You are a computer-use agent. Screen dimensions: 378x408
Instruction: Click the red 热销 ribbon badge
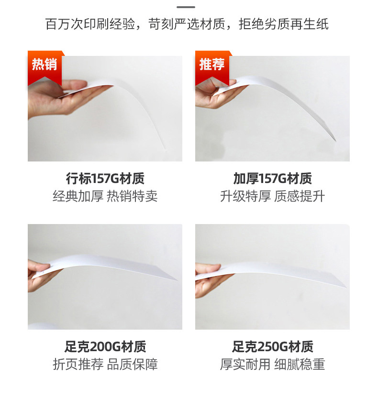(45, 67)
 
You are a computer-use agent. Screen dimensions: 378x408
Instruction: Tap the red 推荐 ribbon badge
(212, 67)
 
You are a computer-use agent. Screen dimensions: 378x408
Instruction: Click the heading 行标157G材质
(105, 179)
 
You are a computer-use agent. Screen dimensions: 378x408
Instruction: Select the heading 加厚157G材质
(272, 179)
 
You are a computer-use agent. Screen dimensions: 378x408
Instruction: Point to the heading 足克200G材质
(105, 346)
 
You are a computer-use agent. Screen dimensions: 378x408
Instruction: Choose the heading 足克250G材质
(272, 346)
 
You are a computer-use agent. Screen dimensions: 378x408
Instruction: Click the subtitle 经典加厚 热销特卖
(105, 196)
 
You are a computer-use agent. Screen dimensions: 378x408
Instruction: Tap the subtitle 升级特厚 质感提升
(272, 196)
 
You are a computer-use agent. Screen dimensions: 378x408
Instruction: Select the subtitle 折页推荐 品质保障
(105, 364)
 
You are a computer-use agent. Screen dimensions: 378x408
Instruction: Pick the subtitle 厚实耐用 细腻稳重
(272, 364)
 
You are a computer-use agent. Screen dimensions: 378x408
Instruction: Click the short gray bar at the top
(186, 7)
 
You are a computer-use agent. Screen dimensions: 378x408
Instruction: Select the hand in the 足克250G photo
(209, 279)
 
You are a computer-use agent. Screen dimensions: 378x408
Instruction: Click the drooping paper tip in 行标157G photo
(165, 149)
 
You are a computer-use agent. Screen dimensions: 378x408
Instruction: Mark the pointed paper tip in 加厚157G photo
(335, 140)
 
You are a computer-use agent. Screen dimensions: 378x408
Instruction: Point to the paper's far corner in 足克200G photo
(177, 280)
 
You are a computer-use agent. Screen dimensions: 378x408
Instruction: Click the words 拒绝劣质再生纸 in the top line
(284, 24)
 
